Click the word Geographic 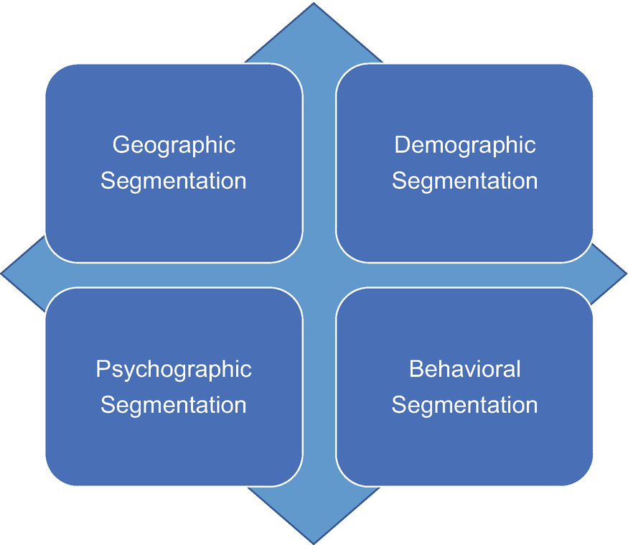point(174,145)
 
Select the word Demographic point(465,145)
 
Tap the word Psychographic point(174,369)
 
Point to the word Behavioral point(465,369)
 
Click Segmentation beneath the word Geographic point(174,180)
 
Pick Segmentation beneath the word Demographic point(465,180)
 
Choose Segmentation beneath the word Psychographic point(174,404)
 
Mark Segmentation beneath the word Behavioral point(465,404)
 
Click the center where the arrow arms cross point(319,274)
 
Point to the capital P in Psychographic point(103,369)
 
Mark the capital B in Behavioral point(416,369)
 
